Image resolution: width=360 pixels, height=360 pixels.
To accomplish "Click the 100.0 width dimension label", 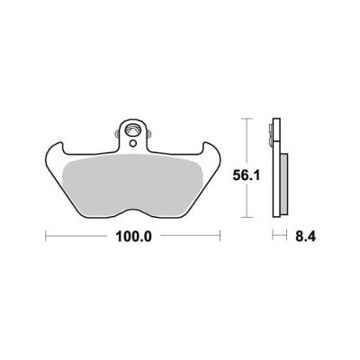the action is point(133,237).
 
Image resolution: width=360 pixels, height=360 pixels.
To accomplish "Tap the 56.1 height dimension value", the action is point(247,175).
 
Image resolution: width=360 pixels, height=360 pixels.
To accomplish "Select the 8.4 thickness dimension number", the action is point(305,237).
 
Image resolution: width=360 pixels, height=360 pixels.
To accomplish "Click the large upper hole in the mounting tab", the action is point(133,130).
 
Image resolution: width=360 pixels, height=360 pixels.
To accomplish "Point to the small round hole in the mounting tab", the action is point(133,143).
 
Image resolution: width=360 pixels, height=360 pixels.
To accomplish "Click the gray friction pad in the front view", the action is point(133,186).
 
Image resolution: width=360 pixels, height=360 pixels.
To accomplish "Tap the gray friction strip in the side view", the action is point(284,184).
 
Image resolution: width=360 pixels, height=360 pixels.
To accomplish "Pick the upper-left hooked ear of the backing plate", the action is point(56,150).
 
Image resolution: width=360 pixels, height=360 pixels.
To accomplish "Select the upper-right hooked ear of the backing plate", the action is point(211,150).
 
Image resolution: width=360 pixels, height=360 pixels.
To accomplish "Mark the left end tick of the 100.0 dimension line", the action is point(46,236).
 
